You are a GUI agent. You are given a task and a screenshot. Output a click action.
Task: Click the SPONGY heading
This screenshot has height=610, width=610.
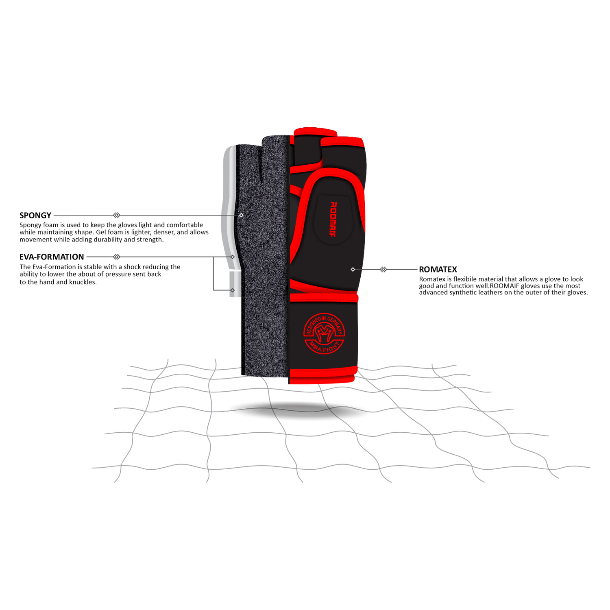pos(35,216)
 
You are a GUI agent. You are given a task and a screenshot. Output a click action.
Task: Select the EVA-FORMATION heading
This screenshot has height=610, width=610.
pos(52,257)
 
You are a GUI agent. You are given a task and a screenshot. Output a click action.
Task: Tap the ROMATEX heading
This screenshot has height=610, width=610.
pos(438,270)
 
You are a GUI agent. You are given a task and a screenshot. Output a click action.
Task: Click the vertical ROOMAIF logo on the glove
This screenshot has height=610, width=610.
pos(333,219)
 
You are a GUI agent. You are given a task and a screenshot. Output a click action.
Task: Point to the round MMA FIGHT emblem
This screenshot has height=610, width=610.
pos(324,333)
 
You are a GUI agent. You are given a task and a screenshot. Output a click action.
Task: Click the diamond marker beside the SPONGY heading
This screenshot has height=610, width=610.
pos(117,215)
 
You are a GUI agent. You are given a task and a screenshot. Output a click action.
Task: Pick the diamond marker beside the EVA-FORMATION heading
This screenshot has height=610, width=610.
pos(117,257)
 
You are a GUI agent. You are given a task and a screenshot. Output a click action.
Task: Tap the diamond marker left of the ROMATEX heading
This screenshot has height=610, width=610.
pos(383,269)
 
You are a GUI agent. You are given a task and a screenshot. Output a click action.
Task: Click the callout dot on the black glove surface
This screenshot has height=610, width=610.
pos(353,269)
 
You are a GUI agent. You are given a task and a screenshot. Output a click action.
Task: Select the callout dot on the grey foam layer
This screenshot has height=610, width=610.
pos(241,215)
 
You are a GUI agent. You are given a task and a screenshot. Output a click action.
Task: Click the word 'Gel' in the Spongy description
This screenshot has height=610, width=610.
pos(101,232)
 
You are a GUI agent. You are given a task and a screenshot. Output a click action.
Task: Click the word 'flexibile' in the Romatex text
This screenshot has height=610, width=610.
pos(465,279)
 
